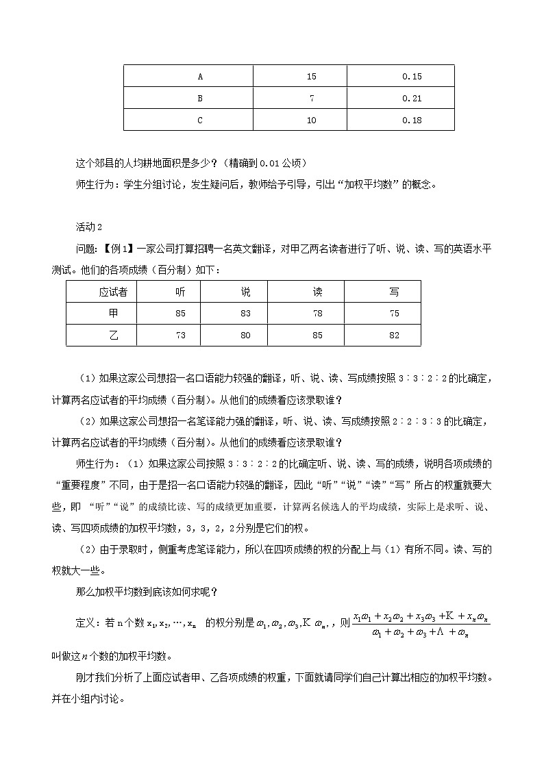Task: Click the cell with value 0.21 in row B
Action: click(412, 98)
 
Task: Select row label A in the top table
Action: click(200, 77)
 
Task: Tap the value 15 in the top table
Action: click(312, 77)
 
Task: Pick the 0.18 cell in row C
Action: click(412, 120)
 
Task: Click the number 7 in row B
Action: click(312, 98)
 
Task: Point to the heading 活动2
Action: click(89, 227)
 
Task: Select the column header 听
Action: click(180, 292)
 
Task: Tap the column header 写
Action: click(394, 292)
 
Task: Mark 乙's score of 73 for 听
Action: click(180, 336)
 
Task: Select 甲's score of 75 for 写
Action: click(394, 314)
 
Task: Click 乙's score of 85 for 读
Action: click(317, 336)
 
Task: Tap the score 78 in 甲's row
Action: click(317, 314)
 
